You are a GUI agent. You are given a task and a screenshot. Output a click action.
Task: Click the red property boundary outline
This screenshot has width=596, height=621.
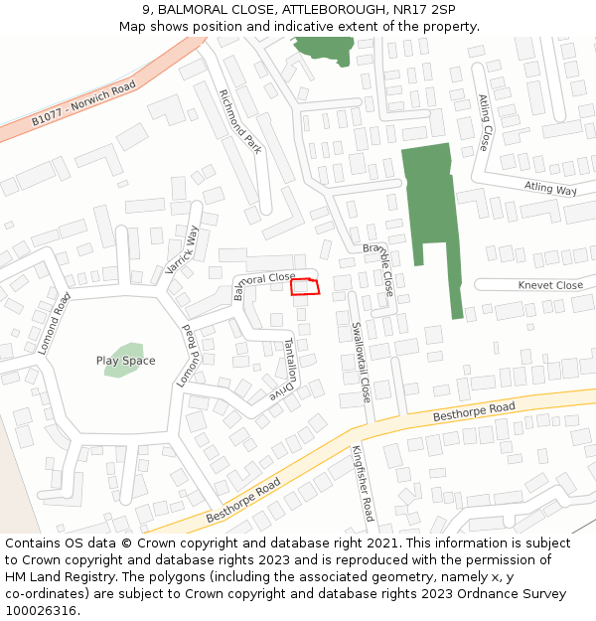(x=305, y=287)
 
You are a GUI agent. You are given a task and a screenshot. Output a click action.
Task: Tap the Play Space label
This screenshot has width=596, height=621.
(x=126, y=361)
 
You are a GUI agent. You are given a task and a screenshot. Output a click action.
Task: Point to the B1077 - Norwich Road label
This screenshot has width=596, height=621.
(x=82, y=104)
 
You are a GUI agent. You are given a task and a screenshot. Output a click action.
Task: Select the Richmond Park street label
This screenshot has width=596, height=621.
(x=240, y=121)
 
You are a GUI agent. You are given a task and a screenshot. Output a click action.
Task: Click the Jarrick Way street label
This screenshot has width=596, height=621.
(x=183, y=250)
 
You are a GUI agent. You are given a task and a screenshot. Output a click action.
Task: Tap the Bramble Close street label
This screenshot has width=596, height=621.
(x=378, y=268)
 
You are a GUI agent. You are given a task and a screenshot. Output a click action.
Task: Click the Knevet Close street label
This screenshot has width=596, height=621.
(x=550, y=285)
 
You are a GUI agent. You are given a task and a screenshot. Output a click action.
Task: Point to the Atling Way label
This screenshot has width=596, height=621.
(x=550, y=189)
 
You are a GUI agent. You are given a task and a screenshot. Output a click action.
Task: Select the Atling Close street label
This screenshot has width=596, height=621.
(x=484, y=122)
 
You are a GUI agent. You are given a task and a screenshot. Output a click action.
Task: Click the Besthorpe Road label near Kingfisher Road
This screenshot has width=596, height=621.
(x=243, y=505)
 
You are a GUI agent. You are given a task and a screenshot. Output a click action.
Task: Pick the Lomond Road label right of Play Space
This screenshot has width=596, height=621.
(x=190, y=356)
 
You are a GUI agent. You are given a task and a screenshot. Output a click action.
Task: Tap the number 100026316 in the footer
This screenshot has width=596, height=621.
(x=42, y=610)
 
